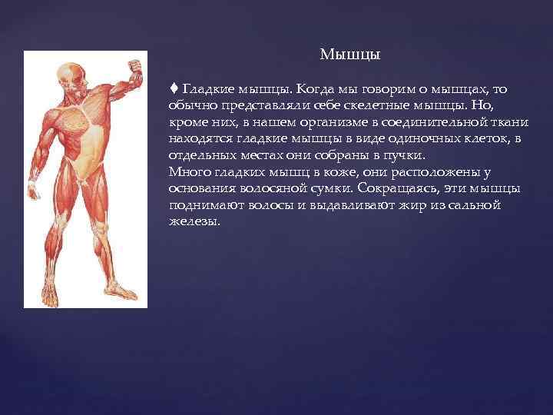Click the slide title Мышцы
click(x=349, y=55)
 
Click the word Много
click(x=187, y=171)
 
